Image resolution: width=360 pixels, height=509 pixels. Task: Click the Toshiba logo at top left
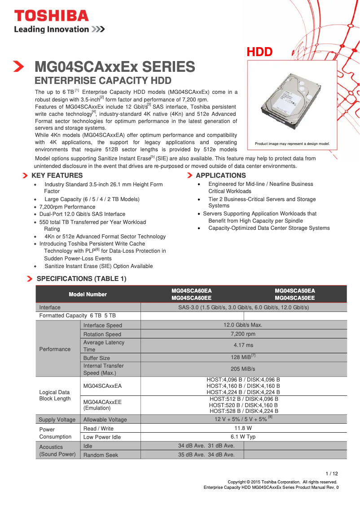[51, 16]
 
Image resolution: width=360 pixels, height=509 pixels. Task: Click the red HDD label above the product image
[259, 52]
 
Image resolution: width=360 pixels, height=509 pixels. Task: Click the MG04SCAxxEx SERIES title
[115, 67]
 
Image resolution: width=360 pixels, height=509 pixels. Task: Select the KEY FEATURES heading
[57, 176]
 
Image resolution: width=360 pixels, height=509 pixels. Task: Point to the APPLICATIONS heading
[221, 176]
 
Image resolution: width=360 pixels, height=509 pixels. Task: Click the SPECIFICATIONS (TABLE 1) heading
[81, 279]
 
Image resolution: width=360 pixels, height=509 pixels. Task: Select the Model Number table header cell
[88, 294]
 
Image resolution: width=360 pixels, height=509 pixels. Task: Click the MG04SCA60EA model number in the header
[192, 291]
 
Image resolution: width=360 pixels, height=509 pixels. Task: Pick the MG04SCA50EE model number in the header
[294, 298]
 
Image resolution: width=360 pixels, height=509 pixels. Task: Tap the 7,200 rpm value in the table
[243, 334]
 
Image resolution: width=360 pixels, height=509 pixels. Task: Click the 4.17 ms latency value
[243, 345]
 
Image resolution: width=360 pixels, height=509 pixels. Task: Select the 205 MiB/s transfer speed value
[243, 369]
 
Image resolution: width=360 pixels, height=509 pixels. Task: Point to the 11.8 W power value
[243, 428]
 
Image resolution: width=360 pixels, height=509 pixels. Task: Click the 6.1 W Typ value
[243, 437]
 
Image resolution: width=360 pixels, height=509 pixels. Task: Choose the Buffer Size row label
[97, 358]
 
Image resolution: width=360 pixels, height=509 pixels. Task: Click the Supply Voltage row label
[57, 420]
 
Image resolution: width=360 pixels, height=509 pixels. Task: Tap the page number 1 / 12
[331, 474]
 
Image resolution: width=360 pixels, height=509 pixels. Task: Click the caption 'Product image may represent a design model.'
[292, 144]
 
